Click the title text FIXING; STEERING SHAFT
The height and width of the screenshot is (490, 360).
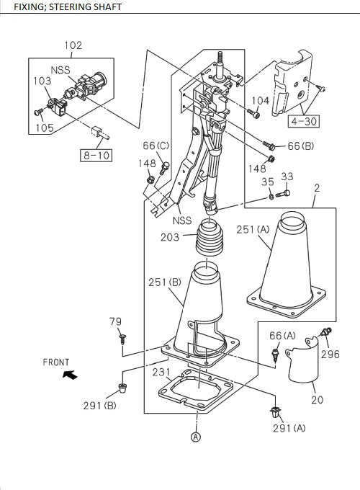click(x=68, y=6)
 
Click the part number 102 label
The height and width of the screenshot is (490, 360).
click(x=73, y=45)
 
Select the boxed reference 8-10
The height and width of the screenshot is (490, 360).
click(x=96, y=154)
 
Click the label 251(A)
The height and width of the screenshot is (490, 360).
click(x=253, y=230)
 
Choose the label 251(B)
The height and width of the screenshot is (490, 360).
click(x=165, y=282)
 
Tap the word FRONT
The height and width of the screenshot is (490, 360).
click(x=56, y=362)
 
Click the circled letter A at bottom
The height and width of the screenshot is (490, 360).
click(x=196, y=436)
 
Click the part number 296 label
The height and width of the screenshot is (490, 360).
click(x=330, y=354)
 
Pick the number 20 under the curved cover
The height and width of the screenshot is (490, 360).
click(x=317, y=400)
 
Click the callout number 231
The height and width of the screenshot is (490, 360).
click(x=161, y=373)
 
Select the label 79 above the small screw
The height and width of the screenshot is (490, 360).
click(x=115, y=321)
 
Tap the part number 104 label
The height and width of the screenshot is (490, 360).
click(x=261, y=101)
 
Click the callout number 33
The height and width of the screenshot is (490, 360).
click(x=287, y=177)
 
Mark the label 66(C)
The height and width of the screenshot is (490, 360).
click(x=156, y=146)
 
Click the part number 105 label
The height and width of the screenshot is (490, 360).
click(x=45, y=128)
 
